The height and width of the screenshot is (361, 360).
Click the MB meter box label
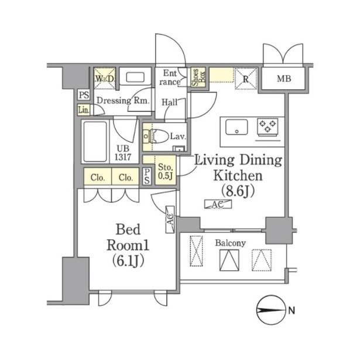[x=284, y=79]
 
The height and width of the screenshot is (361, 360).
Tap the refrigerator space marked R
[x=246, y=79]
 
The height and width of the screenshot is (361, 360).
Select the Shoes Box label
[x=198, y=77]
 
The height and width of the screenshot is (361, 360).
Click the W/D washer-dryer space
[x=105, y=79]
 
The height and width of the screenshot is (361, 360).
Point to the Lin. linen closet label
[x=84, y=110]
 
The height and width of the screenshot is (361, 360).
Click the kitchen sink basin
[x=236, y=127]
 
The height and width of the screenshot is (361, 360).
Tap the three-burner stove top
[x=268, y=127]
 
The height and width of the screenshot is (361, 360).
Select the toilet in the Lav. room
[x=156, y=137]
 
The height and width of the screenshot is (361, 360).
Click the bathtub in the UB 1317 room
[x=95, y=142]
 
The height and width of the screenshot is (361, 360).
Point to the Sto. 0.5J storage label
[x=166, y=171]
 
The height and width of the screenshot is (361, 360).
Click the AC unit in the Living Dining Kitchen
[x=218, y=204]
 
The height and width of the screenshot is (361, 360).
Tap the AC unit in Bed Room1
[x=170, y=219]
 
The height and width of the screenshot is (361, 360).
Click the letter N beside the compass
[x=292, y=311]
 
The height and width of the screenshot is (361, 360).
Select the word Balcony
[x=230, y=243]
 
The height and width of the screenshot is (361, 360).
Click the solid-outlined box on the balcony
[x=229, y=260]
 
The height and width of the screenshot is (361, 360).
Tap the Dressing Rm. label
[x=123, y=101]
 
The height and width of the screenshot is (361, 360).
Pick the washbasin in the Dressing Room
[x=135, y=77]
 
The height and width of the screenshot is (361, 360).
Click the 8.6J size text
[x=238, y=191]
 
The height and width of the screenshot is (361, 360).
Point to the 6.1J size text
[x=128, y=261]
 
